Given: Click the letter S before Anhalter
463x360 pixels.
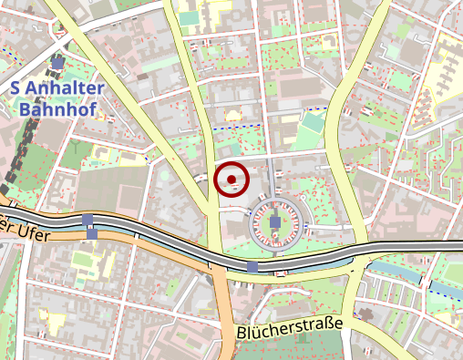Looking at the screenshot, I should (x=15, y=88).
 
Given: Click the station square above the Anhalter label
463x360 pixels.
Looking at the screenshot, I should (x=59, y=63).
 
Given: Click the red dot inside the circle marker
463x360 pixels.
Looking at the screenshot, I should (x=231, y=179).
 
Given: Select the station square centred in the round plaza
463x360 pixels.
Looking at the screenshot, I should (x=275, y=222).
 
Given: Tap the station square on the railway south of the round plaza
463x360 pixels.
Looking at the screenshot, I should (x=252, y=266).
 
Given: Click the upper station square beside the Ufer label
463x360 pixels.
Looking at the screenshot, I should (x=87, y=220).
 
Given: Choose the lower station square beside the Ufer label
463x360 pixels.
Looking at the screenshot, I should (x=92, y=234).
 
